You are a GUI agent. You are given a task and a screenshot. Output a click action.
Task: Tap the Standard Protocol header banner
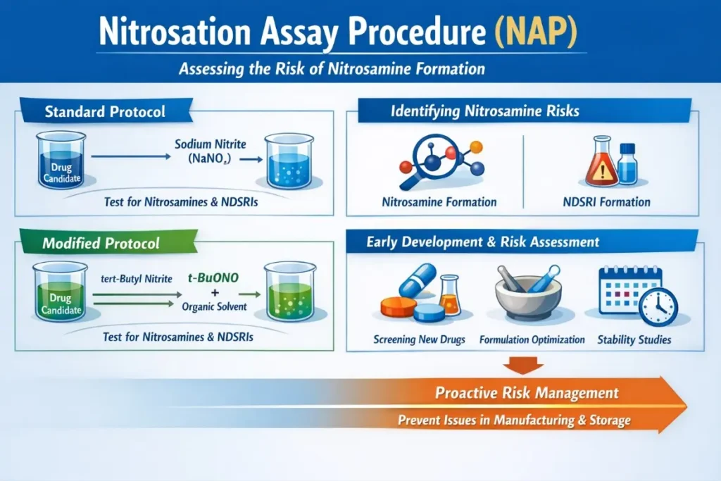(105, 111)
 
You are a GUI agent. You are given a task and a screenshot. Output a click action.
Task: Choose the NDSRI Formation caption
(606, 202)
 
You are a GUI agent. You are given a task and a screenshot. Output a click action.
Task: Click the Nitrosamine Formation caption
(439, 202)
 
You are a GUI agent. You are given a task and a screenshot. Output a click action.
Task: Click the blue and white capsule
(420, 279)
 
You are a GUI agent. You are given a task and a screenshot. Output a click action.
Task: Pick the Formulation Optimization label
(532, 339)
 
